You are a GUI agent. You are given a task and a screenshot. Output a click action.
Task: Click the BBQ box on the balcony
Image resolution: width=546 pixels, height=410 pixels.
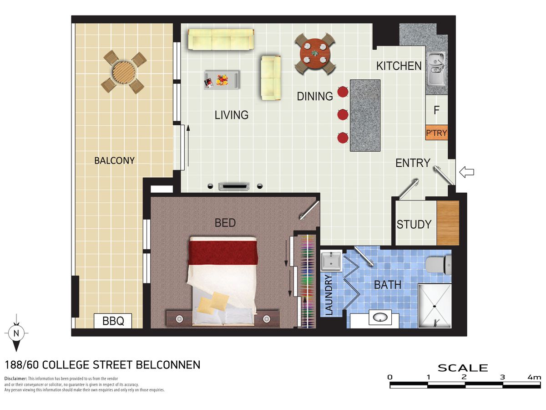[x=113, y=321]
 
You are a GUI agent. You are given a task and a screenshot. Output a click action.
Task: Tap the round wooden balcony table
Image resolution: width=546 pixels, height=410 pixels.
[x=124, y=72]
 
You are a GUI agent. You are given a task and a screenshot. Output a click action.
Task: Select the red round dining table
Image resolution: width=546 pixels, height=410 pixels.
[x=315, y=53]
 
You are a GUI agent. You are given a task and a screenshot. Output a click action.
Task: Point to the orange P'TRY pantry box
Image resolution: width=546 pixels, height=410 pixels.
[x=436, y=133]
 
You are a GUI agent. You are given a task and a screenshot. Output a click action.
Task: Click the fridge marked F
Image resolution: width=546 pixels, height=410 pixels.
[x=436, y=110]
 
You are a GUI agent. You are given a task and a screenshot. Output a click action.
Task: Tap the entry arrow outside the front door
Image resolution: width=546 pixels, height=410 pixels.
[x=466, y=172]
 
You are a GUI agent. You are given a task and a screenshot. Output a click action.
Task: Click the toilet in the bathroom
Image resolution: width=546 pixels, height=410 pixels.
[x=439, y=265]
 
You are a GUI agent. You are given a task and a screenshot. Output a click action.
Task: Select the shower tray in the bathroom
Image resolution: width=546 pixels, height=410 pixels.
[x=435, y=306]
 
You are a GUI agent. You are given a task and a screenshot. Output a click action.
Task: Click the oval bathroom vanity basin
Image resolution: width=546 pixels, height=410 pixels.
[x=380, y=318]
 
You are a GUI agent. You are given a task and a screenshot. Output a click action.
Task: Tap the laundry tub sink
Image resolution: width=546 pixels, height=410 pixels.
[x=331, y=261]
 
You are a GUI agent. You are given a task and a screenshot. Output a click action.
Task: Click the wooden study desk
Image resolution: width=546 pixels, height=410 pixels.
[x=448, y=223]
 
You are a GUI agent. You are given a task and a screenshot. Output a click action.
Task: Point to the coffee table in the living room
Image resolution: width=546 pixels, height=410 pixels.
[x=222, y=80]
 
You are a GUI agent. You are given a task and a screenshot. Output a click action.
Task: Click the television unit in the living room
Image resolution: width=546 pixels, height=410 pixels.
[x=233, y=186]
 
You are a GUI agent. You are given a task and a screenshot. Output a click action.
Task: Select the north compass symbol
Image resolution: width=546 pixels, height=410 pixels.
[x=16, y=333]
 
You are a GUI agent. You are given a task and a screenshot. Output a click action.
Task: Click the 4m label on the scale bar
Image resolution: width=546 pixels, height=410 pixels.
[x=534, y=377]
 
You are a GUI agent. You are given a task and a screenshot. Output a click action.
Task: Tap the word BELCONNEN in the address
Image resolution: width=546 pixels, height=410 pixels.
[x=168, y=365]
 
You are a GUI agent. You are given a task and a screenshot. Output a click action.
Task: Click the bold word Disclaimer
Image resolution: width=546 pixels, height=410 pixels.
[x=15, y=379]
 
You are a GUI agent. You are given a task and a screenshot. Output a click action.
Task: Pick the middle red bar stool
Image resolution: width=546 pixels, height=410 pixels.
[x=343, y=115]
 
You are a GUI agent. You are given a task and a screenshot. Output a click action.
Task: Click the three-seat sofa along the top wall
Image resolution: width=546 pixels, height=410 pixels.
[x=221, y=39]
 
